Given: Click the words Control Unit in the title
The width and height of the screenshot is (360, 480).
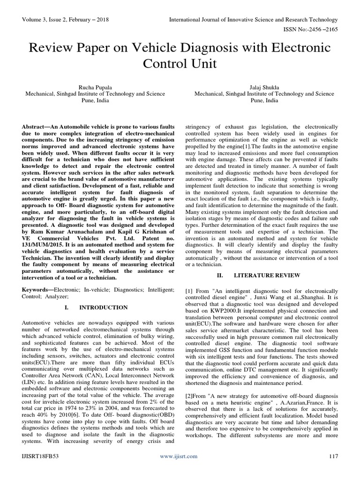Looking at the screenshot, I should coord(180,64).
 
